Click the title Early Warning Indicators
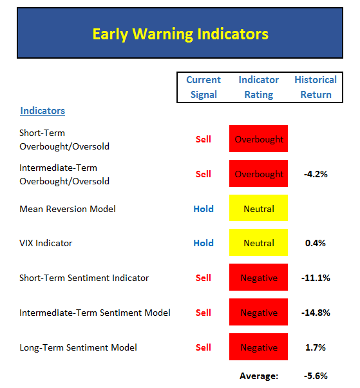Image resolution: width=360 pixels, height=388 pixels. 180,34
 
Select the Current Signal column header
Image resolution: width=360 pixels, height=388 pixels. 204,87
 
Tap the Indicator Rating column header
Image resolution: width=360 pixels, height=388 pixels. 259,87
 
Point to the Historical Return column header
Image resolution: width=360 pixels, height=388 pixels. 316,87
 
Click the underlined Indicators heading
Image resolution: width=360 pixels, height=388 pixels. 43,111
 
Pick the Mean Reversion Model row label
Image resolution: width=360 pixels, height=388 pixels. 68,209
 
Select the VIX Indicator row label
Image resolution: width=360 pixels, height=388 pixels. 46,243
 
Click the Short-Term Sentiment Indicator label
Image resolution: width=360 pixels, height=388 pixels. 84,278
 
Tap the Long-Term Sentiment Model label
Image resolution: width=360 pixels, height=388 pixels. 78,347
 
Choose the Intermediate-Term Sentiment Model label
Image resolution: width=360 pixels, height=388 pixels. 95,313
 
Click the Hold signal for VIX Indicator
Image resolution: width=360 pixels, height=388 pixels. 204,243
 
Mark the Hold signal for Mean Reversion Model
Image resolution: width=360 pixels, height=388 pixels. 204,209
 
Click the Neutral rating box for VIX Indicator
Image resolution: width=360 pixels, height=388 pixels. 258,242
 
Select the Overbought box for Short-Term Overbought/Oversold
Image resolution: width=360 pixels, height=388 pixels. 258,139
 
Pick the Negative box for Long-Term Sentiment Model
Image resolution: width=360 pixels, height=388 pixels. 258,347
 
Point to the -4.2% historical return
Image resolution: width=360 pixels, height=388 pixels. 316,174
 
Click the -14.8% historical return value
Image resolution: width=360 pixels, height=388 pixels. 316,313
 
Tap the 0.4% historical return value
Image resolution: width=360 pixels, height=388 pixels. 316,243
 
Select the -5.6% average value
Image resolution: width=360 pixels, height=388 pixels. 316,376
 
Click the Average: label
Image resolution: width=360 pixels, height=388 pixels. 259,376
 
